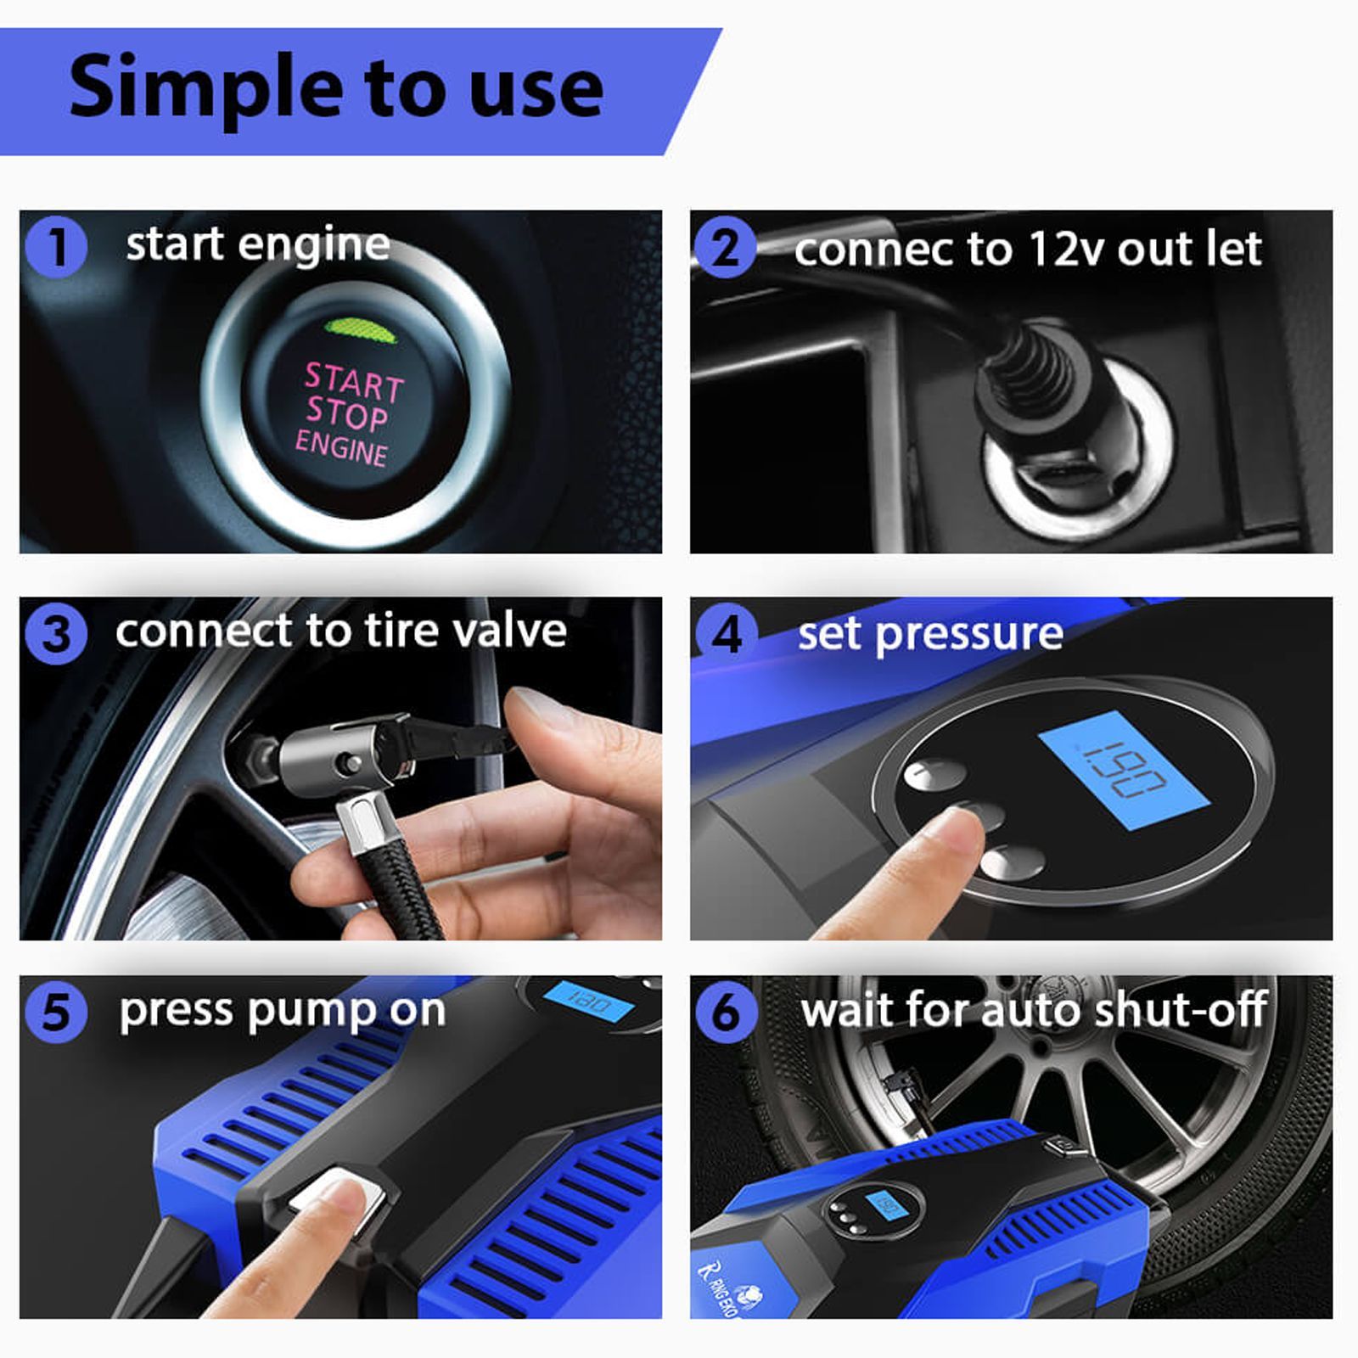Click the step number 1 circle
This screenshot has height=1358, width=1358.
(x=56, y=247)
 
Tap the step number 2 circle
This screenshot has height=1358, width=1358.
(x=725, y=247)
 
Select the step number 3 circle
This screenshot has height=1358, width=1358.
(x=56, y=634)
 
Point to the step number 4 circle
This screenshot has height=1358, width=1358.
(x=727, y=634)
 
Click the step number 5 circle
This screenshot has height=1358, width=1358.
(x=56, y=1013)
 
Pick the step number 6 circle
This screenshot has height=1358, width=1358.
(x=727, y=1013)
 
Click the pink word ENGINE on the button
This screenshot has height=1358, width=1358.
(x=341, y=446)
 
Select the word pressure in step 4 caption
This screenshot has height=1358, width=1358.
(x=968, y=634)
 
